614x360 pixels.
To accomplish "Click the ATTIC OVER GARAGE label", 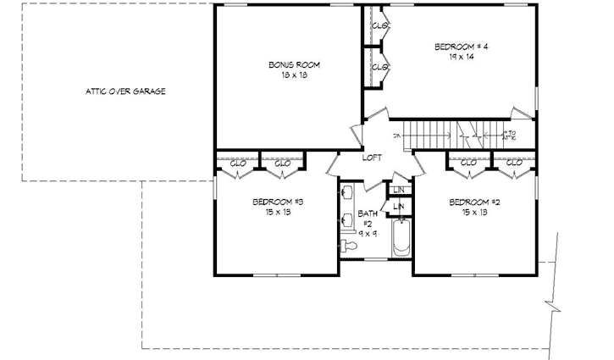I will click(x=124, y=91).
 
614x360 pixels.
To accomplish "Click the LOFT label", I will click(x=372, y=158).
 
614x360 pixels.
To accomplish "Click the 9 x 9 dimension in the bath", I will click(x=367, y=232).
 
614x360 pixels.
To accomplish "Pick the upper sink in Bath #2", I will click(x=347, y=193).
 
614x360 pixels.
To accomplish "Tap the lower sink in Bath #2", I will click(x=347, y=222).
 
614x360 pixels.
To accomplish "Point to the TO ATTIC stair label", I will click(x=510, y=135).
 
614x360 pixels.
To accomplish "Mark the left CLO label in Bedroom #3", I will click(x=238, y=163).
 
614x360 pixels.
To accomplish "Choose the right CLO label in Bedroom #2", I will click(x=513, y=163).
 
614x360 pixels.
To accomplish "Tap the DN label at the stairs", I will click(x=396, y=136).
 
